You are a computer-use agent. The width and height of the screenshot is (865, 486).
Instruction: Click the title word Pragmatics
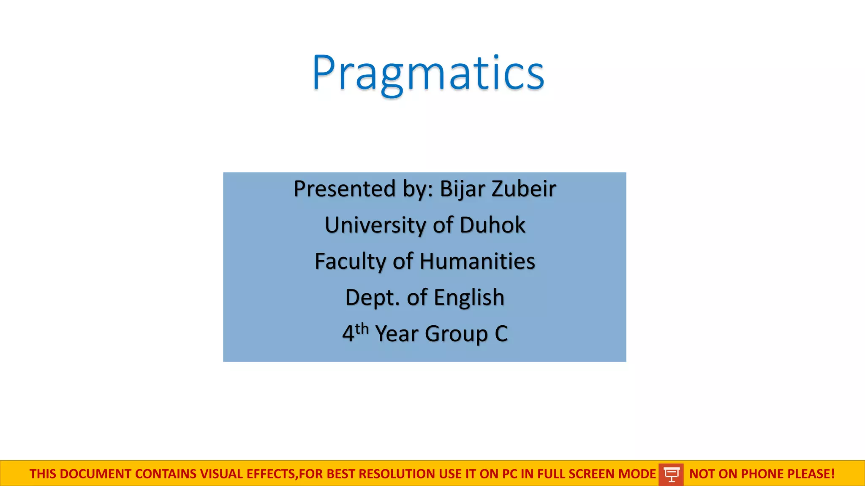[428, 73]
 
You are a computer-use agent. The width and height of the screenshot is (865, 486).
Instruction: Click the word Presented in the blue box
[345, 189]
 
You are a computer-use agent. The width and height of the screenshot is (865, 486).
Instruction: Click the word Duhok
[492, 225]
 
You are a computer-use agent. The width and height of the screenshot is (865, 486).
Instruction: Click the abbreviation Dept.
[373, 297]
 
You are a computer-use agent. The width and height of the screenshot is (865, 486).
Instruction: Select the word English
[469, 297]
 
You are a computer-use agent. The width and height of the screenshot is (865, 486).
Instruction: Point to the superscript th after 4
[362, 328]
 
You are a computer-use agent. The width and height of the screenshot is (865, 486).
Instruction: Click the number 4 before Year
[348, 334]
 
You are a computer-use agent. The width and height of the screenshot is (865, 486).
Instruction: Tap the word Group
[456, 334]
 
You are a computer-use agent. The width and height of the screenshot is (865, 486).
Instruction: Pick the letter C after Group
[501, 334]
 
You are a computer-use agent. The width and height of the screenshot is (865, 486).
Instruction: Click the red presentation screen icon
[671, 474]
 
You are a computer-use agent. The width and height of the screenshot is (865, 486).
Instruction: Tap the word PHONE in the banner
[762, 474]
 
